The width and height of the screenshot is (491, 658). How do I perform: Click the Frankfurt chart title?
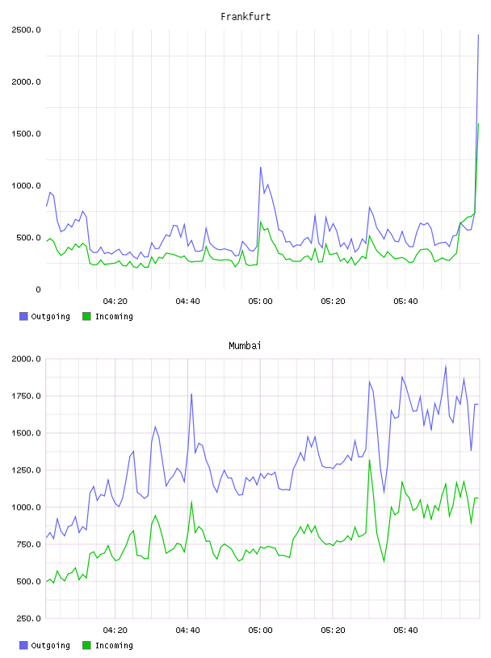[x=245, y=17]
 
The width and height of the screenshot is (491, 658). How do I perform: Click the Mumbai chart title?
[x=245, y=346]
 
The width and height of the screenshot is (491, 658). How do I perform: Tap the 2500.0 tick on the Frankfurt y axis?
[x=26, y=30]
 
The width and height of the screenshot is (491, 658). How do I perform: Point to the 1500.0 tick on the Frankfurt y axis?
[x=26, y=134]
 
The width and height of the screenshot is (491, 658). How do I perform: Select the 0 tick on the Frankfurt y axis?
[x=38, y=289]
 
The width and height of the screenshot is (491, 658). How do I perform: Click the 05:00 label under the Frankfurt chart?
[x=260, y=302]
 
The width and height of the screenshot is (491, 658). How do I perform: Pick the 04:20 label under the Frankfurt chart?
[x=115, y=302]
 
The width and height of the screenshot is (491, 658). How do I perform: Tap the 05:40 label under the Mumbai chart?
[x=405, y=631]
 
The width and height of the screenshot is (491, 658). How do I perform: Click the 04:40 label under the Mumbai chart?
[x=187, y=631]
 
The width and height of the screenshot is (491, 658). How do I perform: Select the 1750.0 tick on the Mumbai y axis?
[x=26, y=396]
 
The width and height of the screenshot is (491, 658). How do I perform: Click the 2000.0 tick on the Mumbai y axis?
[x=26, y=359]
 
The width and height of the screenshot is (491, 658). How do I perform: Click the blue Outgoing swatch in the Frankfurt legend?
[x=23, y=316]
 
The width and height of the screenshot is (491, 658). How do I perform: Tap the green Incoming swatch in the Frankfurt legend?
[x=86, y=316]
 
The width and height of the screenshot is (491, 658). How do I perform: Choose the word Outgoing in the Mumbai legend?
[x=50, y=645]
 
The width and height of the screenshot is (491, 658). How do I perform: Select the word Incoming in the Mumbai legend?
[x=114, y=645]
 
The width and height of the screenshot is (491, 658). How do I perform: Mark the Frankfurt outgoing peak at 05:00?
[x=261, y=168]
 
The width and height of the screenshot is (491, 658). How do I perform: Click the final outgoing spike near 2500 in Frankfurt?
[x=478, y=35]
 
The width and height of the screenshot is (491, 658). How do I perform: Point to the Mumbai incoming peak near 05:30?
[x=370, y=460]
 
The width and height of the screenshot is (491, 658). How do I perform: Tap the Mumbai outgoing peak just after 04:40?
[x=191, y=394]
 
